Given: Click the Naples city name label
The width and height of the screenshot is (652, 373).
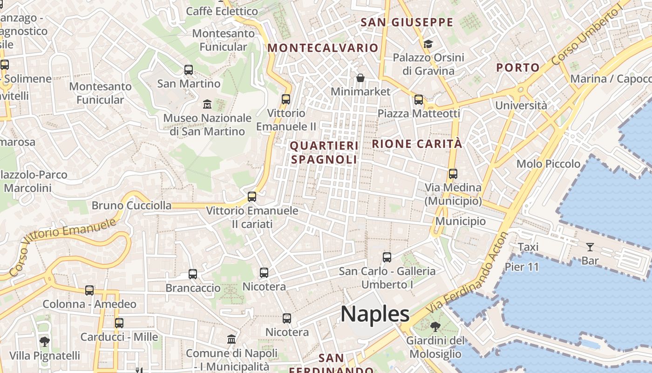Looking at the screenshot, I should pos(375,314).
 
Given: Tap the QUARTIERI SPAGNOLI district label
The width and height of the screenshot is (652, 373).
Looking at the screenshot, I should pos(324,152).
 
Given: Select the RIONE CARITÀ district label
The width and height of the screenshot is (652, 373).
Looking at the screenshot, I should pos(417,144).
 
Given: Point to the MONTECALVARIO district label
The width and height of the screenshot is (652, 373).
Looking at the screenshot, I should pos(323,48).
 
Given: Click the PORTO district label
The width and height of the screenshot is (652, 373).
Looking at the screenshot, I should pos(517,68).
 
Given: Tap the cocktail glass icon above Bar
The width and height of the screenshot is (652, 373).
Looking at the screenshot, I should pos(590,247).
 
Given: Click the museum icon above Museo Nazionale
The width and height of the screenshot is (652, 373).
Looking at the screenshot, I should pos(207,104).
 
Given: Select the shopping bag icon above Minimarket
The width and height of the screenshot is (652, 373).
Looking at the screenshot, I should pos(360,77).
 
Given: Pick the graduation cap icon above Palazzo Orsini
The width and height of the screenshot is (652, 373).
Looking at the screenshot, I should pos(428,44).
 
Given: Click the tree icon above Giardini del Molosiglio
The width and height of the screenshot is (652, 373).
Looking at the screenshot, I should pos(435,326).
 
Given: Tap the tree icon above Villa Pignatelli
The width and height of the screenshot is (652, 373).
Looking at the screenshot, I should pos(45,342).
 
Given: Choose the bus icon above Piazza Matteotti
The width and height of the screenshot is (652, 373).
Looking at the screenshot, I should pos(419,99).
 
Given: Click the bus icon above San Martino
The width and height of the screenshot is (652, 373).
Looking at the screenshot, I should pos(189,70).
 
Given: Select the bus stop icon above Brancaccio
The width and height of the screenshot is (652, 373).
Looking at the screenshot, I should pos(193,274).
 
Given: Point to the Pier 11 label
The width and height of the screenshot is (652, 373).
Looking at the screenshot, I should pos(522,267).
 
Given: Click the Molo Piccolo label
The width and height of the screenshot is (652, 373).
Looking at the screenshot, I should pos(548,164).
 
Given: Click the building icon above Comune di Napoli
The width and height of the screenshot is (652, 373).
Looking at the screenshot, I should pos(231,339).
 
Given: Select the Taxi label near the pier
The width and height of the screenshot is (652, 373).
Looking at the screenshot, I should pos(528,247).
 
